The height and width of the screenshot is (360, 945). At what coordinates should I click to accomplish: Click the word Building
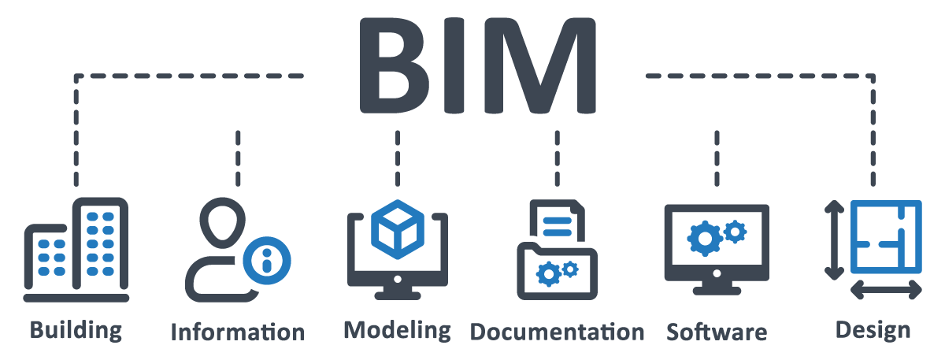76,329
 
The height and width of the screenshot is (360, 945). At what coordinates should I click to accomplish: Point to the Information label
237,332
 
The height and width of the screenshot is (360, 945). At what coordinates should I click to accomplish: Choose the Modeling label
397,329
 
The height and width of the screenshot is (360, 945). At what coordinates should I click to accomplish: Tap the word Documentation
557,332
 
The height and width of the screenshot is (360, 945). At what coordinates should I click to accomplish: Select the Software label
716,331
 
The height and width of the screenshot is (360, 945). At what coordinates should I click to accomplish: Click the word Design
873,329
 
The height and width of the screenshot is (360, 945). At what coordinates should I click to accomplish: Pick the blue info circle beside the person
266,261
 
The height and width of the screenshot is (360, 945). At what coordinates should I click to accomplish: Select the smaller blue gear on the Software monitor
735,231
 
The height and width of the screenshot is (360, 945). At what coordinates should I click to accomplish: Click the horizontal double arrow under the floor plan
886,291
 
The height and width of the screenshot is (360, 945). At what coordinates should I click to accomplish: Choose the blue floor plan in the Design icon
886,236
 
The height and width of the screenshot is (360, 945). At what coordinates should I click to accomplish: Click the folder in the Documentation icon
556,272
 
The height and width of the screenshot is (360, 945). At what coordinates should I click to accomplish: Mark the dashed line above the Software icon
716,158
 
